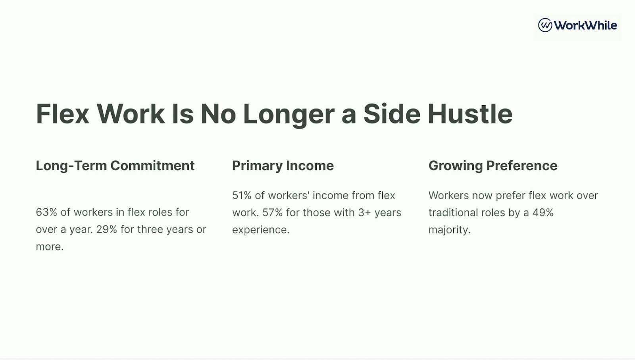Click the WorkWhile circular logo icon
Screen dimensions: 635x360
coord(545,25)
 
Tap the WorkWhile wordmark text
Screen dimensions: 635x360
coord(585,25)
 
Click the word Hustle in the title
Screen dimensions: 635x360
coord(470,114)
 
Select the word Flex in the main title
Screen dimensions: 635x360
coord(62,114)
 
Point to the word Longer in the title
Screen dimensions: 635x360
coord(289,115)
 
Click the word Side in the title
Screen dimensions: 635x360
coord(392,114)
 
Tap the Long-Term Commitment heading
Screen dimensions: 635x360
coord(115,166)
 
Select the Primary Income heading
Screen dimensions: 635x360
coord(283,166)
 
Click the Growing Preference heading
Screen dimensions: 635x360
coord(493,166)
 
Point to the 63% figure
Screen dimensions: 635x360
coord(46,212)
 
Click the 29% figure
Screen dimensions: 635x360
coord(107,229)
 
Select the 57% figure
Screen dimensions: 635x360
coord(272,213)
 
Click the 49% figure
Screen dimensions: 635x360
coord(543,213)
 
